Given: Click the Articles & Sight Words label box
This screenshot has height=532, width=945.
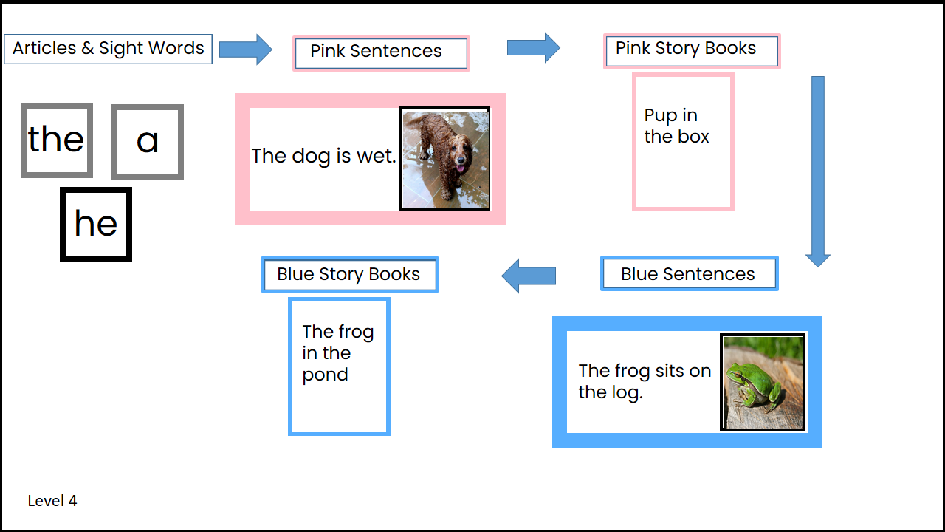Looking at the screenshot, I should [x=108, y=49].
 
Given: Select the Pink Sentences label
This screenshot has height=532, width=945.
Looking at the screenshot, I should [x=380, y=52].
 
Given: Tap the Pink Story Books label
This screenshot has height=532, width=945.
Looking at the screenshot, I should [x=691, y=50].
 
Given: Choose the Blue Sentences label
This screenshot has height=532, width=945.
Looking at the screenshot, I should [x=688, y=274].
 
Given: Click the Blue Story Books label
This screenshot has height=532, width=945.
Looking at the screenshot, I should [x=349, y=275].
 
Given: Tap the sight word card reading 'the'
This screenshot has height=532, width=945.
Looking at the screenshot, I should [x=57, y=140].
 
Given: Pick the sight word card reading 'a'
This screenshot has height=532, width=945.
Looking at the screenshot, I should [x=148, y=141].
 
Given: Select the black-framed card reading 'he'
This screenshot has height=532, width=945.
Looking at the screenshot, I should [x=96, y=224].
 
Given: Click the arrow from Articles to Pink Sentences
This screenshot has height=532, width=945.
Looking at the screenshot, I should [x=247, y=50].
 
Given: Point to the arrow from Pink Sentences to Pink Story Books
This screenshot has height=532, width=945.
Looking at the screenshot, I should [x=533, y=48].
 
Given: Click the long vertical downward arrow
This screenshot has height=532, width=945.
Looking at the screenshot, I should [x=817, y=170].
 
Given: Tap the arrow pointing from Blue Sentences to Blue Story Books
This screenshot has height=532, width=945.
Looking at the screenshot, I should [x=529, y=276].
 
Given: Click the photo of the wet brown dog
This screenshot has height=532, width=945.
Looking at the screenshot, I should [x=444, y=159].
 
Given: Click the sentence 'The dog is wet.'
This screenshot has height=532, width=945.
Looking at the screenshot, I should [x=323, y=156].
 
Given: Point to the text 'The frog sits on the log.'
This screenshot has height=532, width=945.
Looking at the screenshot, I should [x=644, y=381].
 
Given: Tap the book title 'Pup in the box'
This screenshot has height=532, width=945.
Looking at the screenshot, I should [x=676, y=126].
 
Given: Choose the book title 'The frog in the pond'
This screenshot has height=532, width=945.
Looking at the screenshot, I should [x=337, y=353].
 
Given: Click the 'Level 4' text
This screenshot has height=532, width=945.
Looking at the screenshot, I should [x=52, y=501].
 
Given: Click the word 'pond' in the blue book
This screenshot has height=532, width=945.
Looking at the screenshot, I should [x=325, y=375].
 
